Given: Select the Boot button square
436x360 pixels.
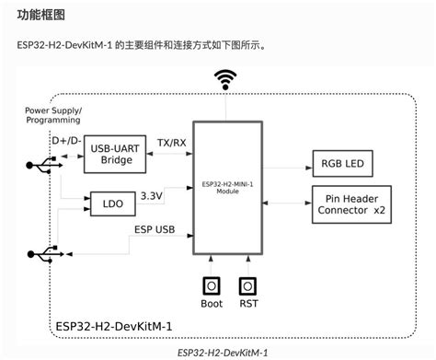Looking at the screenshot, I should (x=212, y=285).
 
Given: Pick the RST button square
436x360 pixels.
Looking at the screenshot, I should (x=247, y=285).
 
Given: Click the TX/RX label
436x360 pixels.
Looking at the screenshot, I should (x=170, y=144).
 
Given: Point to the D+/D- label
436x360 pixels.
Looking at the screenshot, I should (x=67, y=139).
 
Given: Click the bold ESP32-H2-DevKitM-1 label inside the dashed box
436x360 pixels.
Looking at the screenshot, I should (x=115, y=325).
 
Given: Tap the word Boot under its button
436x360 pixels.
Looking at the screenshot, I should (x=212, y=304).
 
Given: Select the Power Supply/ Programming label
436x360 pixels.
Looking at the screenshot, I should (x=53, y=115).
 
